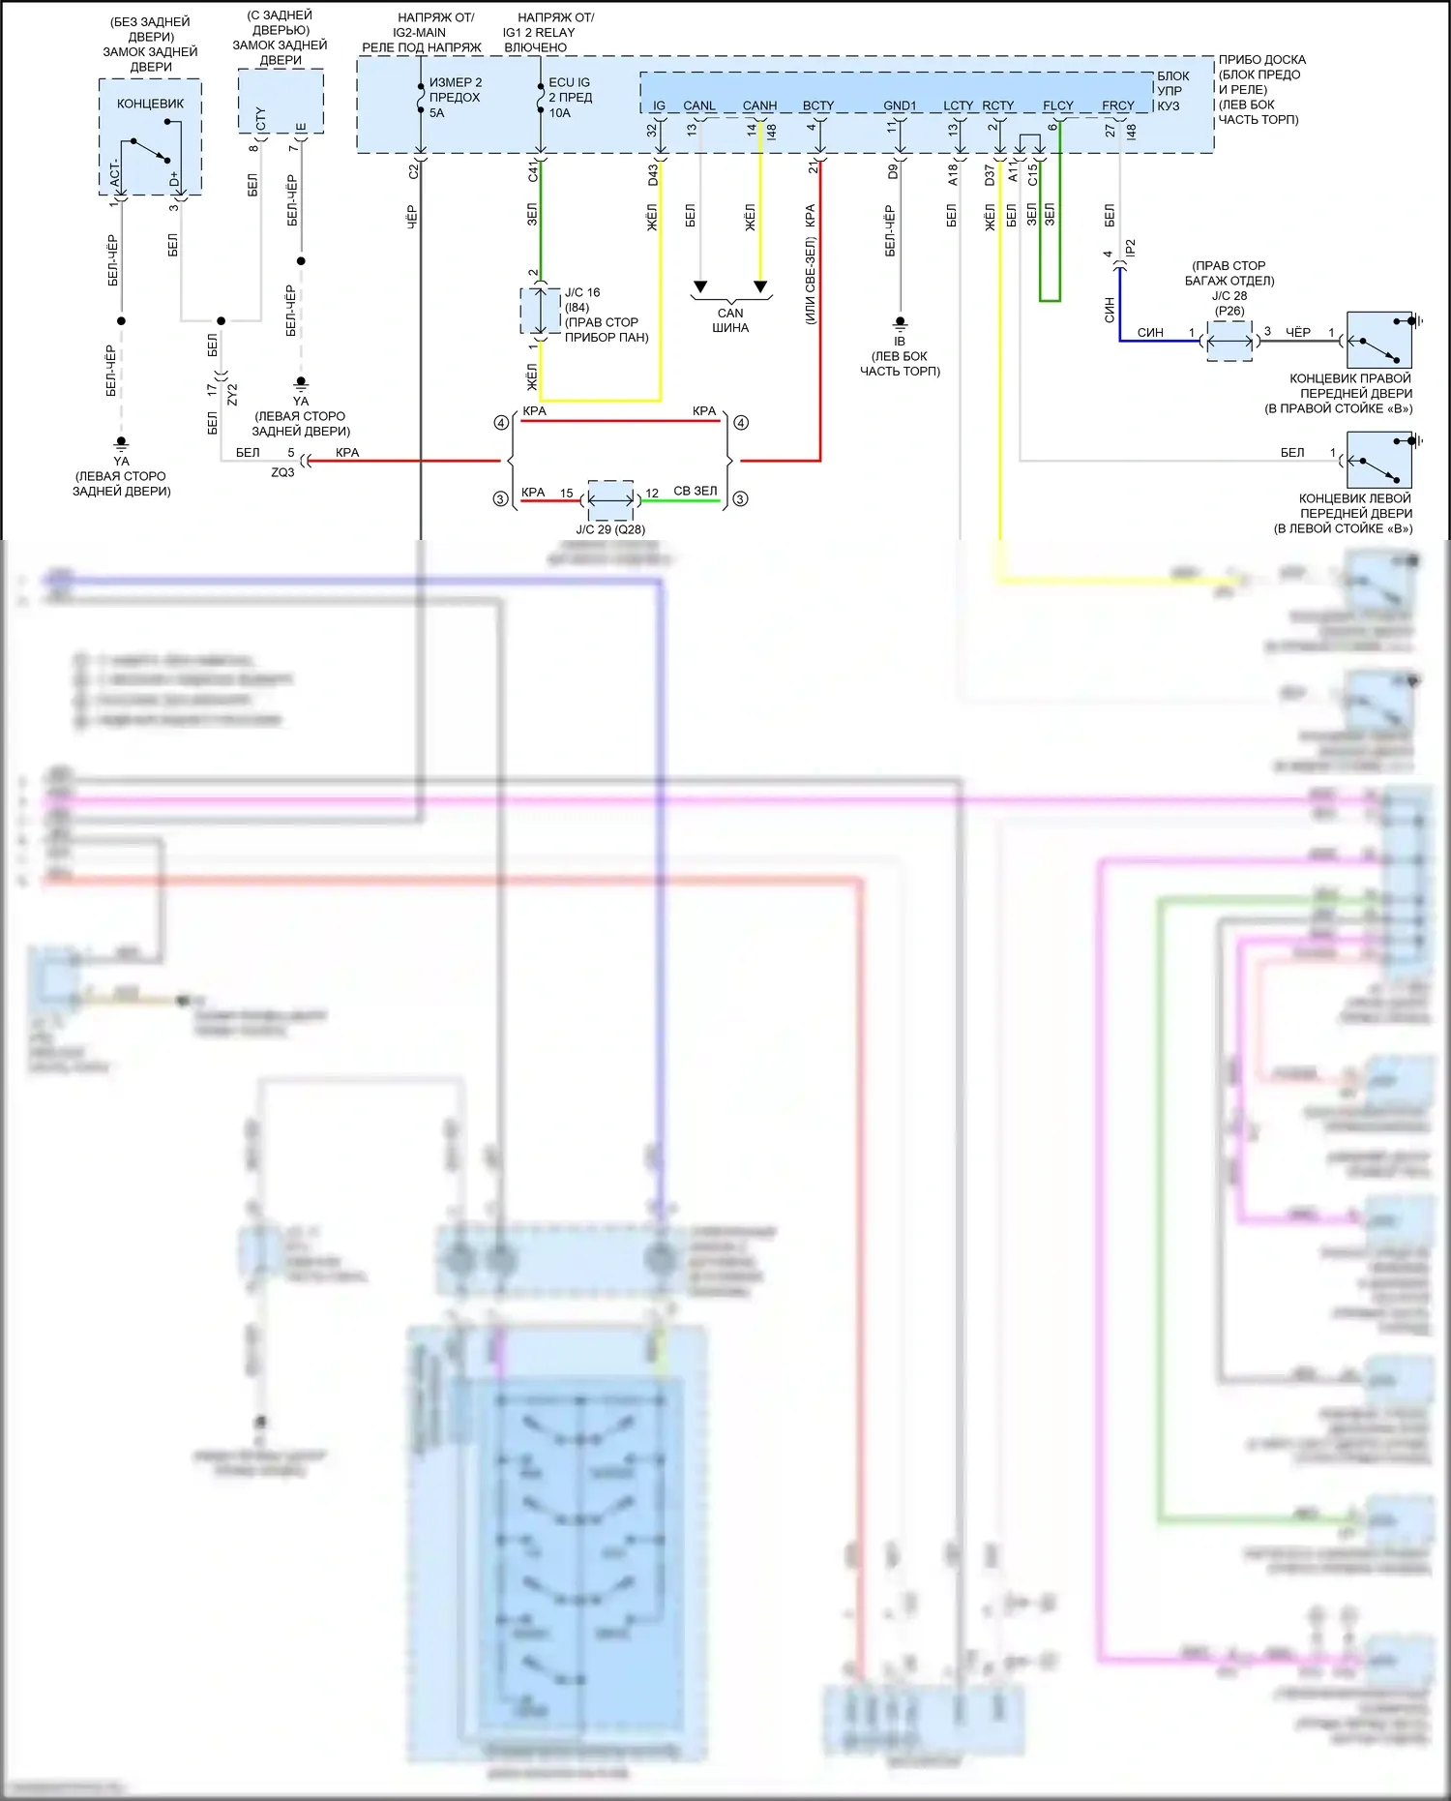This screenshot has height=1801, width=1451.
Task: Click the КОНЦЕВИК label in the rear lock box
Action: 150,104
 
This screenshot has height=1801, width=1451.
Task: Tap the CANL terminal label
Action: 698,105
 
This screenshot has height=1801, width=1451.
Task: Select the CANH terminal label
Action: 759,105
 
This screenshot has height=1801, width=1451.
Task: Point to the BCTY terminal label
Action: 817,105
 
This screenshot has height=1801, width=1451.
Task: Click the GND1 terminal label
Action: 900,105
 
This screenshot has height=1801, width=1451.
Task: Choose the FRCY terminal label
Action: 1117,105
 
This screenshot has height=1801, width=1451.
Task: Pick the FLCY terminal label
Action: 1057,105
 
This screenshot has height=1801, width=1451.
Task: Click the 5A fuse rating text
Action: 437,113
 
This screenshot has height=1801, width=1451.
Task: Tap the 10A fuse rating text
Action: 559,113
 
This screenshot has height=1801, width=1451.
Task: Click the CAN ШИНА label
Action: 730,320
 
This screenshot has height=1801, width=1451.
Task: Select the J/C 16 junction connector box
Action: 541,312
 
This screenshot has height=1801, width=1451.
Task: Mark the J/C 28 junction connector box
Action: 1229,341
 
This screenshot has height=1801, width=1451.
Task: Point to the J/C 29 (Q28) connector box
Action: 610,499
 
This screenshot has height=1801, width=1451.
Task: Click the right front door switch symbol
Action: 1379,340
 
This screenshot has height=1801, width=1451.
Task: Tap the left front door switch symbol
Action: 1379,460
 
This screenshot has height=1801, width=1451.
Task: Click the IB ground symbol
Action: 900,322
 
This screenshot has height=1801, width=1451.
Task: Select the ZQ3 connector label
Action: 282,472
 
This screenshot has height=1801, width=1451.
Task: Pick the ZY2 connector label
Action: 232,394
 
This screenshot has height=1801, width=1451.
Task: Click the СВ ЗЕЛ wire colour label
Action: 696,492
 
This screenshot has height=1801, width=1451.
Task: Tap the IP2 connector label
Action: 1130,248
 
